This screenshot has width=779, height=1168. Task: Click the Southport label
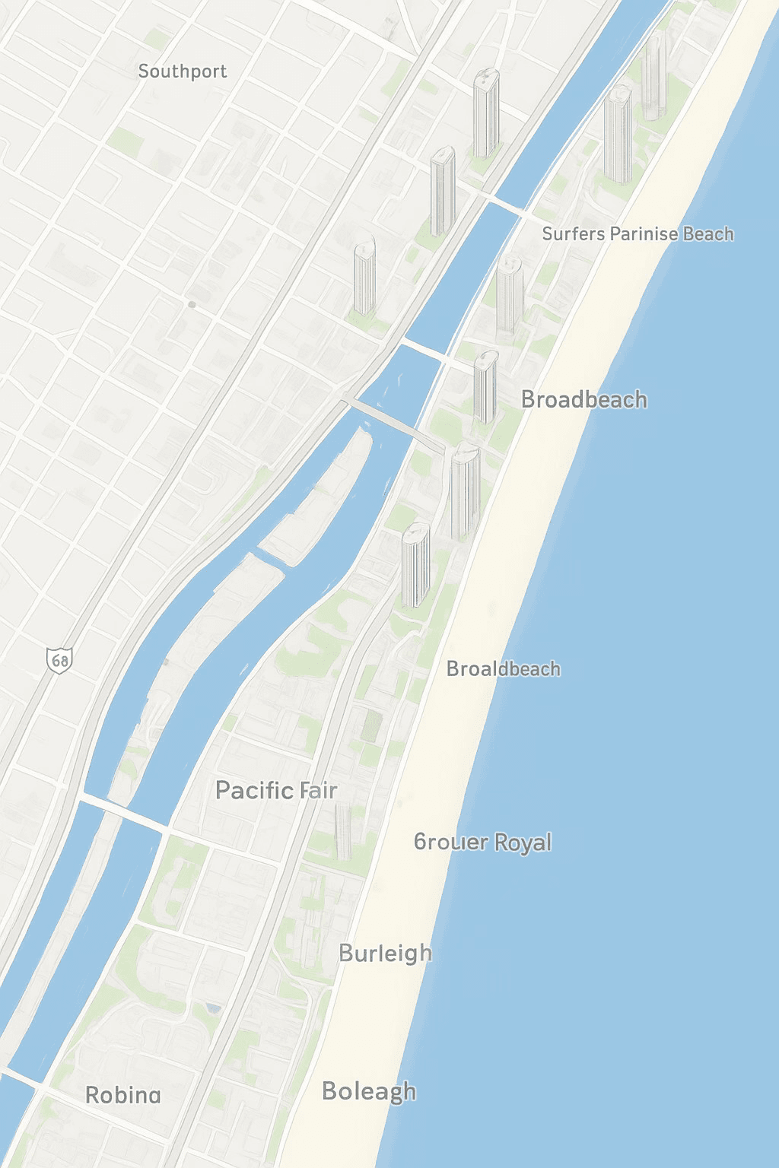point(183,71)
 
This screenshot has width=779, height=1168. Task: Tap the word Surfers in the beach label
point(574,233)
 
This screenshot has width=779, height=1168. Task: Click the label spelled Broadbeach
point(584,399)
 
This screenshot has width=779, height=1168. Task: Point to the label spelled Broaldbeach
point(504,668)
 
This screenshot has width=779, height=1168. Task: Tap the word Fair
point(319,791)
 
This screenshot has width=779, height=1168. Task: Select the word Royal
point(523,843)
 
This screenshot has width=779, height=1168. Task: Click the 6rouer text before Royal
point(451,842)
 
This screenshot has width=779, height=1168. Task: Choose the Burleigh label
point(385,954)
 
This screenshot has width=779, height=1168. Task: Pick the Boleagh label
point(369,1091)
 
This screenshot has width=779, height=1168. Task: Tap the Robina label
point(122,1095)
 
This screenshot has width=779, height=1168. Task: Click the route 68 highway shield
point(59,659)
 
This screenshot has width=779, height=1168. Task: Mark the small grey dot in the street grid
point(192,304)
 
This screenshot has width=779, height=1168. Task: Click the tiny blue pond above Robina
point(213,1008)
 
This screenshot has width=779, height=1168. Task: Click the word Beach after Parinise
point(708,233)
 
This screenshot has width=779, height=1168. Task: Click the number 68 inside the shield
point(59,659)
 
